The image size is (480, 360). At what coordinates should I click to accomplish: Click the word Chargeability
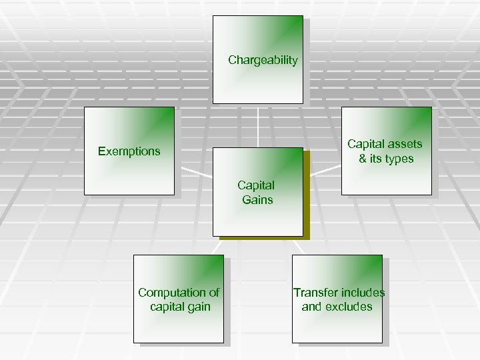(x=263, y=60)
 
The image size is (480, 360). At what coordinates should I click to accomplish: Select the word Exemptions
(x=129, y=151)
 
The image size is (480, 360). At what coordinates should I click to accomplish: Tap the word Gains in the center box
(x=257, y=199)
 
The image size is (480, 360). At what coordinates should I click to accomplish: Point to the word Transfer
(x=315, y=293)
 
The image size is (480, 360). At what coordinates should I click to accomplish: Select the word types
(x=399, y=159)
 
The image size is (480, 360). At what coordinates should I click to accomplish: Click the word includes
(x=363, y=293)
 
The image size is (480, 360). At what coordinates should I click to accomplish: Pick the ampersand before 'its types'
(x=363, y=159)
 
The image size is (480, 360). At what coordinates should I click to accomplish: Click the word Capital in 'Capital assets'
(x=365, y=144)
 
